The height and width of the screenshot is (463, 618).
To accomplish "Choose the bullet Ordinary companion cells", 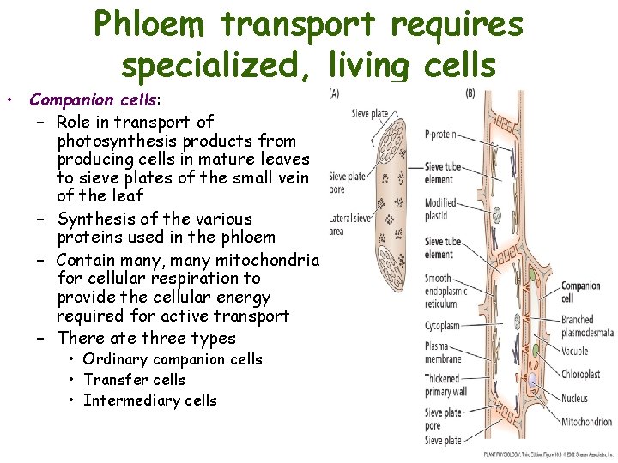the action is pos(172,359).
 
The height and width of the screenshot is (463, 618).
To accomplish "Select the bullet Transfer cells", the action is pos(134,380).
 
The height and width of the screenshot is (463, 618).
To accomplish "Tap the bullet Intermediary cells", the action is pos(150,400).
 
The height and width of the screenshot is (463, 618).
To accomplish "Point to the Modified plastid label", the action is pos(441,209).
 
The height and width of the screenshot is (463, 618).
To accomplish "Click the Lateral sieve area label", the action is pos(350,225).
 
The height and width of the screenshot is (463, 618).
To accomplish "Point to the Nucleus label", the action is pos(574,398).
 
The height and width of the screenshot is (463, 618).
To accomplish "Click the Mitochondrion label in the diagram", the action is pos(586,422).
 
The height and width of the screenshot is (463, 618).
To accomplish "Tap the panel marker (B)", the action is pos(470,93).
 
